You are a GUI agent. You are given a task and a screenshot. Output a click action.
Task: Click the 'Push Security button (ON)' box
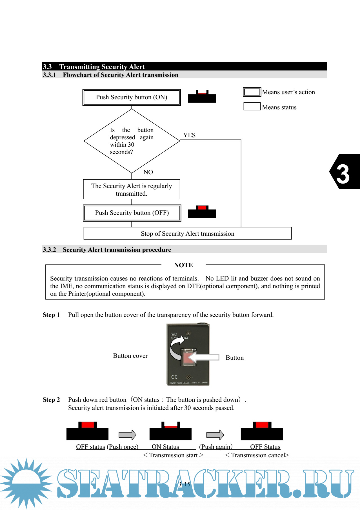[x=132, y=97]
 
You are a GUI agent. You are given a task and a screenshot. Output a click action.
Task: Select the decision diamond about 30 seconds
[x=132, y=141]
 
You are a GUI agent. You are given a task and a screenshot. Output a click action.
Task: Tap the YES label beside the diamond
[x=189, y=135]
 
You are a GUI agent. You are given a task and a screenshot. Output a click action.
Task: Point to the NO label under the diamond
[x=148, y=172]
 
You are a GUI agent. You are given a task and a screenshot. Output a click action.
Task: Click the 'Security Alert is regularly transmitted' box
[x=132, y=189]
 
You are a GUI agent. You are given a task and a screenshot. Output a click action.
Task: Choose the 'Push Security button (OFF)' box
[x=132, y=213]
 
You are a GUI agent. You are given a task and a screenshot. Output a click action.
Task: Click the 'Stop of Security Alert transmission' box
[x=188, y=233]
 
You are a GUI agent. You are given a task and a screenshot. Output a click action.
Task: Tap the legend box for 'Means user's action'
[x=252, y=92]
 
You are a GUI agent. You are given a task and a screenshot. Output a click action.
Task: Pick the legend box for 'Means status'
[x=252, y=107]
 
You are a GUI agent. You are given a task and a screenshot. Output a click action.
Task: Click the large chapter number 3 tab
[x=344, y=172]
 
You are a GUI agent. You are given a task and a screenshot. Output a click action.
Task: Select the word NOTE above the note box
[x=183, y=265]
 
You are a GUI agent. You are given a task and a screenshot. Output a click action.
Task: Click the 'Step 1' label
[x=51, y=315]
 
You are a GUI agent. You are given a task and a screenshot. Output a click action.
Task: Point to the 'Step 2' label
[x=51, y=400]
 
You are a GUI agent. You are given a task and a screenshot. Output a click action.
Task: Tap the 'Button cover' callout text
[x=130, y=356]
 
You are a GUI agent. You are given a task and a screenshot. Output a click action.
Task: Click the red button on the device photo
[x=188, y=357]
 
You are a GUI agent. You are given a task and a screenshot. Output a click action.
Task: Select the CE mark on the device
[x=174, y=377]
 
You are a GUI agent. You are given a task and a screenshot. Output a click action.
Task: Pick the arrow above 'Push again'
[x=215, y=435]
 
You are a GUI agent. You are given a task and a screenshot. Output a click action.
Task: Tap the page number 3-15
[x=184, y=484]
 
